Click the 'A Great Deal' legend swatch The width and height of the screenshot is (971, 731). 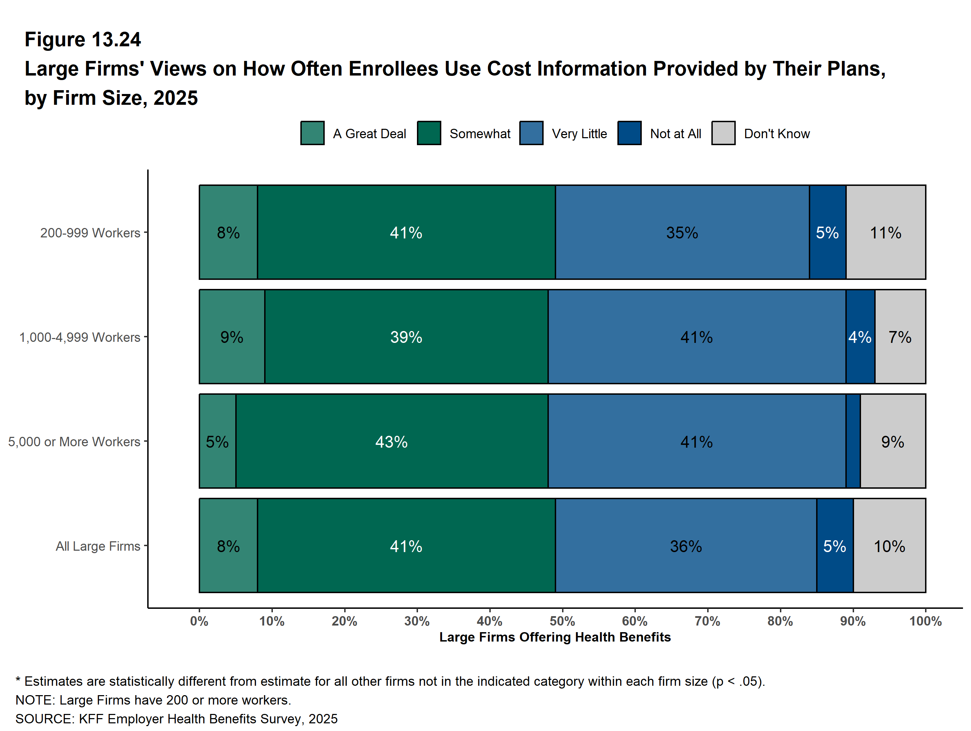(x=312, y=133)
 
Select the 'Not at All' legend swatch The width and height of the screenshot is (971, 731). (x=629, y=133)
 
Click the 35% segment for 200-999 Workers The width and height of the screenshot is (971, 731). (x=682, y=232)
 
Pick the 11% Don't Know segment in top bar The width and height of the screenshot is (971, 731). (x=885, y=232)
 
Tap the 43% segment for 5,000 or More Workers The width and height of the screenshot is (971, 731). (x=392, y=441)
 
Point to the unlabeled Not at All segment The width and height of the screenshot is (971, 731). (x=853, y=441)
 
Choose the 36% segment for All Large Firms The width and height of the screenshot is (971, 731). (x=686, y=546)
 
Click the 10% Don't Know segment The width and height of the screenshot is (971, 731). (x=889, y=546)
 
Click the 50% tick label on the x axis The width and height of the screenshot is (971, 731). (x=562, y=621)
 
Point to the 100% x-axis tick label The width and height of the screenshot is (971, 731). (x=925, y=621)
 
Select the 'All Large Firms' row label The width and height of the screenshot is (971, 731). (x=98, y=546)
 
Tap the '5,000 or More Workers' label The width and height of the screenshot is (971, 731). (x=74, y=442)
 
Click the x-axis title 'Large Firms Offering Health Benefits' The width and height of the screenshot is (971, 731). (x=555, y=637)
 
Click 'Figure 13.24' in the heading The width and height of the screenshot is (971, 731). (x=83, y=40)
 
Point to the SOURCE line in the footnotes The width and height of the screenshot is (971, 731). (x=176, y=719)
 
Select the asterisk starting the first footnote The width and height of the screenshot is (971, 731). (x=18, y=681)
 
